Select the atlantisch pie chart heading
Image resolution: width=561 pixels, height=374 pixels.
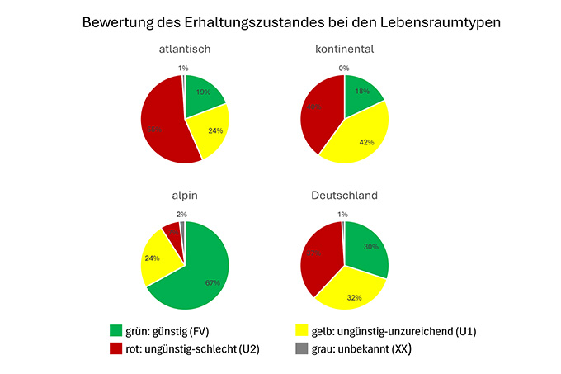(185, 50)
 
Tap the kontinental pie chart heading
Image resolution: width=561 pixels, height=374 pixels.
(345, 50)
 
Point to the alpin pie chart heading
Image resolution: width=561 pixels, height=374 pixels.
(185, 196)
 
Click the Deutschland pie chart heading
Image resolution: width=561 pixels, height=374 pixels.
(345, 196)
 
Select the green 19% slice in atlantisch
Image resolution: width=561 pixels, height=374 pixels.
(203, 94)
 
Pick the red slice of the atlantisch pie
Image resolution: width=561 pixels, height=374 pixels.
(161, 120)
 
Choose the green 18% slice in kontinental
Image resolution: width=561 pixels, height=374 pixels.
(363, 92)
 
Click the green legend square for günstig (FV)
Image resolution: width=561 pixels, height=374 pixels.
(115, 332)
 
